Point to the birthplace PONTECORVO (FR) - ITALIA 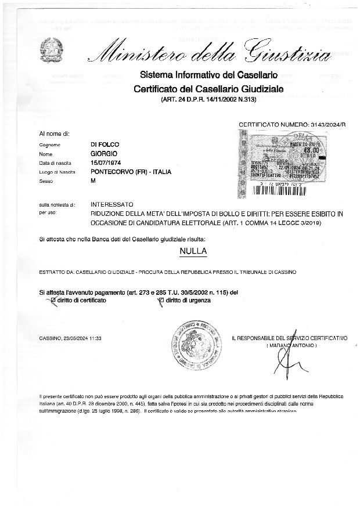[131, 172]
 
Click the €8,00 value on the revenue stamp [312, 149]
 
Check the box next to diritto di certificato [53, 301]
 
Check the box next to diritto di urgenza [161, 301]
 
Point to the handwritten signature [285, 363]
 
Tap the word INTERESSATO [112, 205]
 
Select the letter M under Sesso [93, 182]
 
